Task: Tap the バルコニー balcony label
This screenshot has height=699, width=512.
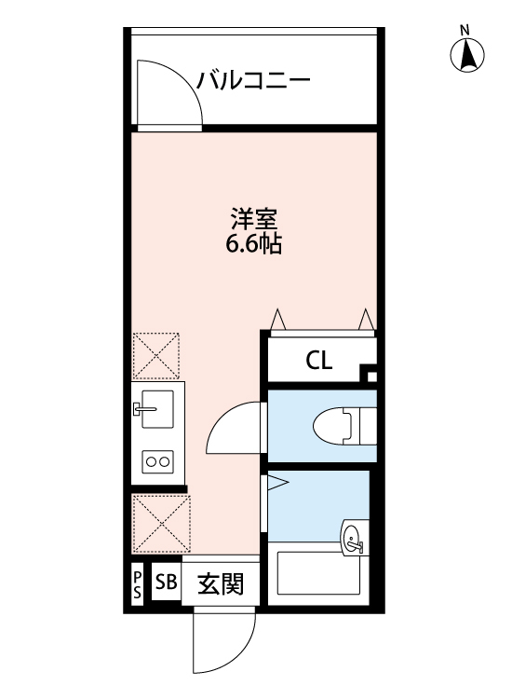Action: click(252, 81)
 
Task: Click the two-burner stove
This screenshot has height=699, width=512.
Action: click(156, 459)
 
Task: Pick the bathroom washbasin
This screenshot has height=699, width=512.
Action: click(353, 537)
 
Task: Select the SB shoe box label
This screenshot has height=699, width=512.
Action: click(166, 584)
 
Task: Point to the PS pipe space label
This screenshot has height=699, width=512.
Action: click(136, 585)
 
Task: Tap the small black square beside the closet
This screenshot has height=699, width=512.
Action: click(370, 377)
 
